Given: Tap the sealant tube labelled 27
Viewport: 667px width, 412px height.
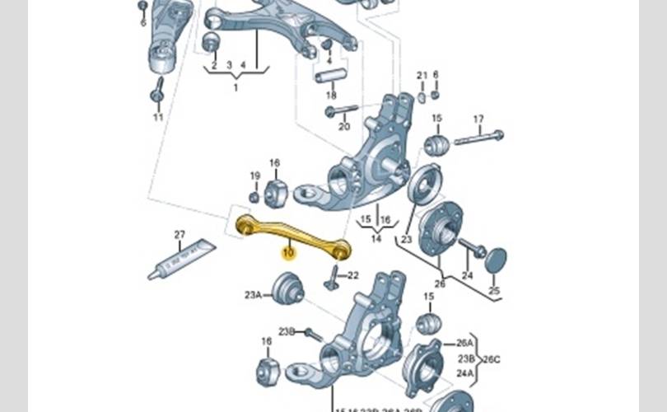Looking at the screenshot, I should [182, 260].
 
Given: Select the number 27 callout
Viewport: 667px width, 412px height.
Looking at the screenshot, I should [180, 235].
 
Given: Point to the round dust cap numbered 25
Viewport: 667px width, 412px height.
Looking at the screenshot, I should [495, 260].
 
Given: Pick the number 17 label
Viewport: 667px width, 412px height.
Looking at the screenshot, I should [479, 119].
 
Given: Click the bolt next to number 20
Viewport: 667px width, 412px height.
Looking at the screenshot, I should [341, 110].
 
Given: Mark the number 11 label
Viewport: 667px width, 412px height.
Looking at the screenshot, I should [158, 117].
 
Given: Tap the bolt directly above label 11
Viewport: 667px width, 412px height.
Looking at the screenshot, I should [156, 91].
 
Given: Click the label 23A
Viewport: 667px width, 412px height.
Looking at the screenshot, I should [253, 293].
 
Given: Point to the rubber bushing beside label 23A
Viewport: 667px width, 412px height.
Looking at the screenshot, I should [287, 289].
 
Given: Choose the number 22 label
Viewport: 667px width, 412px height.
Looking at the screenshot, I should [353, 274].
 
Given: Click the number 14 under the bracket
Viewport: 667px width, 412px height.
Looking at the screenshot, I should [376, 240].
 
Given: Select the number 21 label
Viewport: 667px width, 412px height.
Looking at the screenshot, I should [422, 76].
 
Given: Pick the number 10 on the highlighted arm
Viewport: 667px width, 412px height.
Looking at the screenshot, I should [288, 253].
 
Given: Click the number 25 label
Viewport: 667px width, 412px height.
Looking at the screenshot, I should [493, 292].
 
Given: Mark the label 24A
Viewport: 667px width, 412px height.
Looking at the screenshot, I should [465, 373].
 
